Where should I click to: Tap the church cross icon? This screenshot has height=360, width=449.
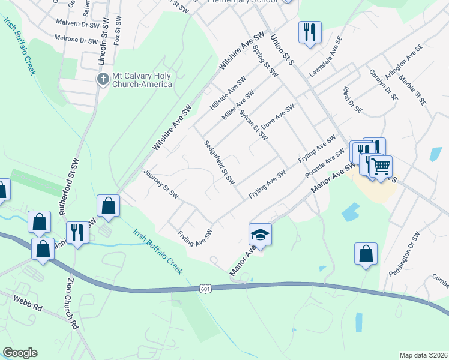click(x=103, y=79)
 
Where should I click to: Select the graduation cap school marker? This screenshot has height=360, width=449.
click(x=260, y=233)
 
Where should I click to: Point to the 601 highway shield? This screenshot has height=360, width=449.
click(x=206, y=289)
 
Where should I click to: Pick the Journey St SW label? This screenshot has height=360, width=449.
click(x=161, y=184)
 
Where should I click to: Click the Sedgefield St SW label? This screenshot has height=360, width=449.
click(x=218, y=162)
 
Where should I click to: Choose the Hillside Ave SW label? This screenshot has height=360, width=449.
click(x=228, y=93)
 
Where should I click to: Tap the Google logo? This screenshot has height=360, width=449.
click(x=20, y=353)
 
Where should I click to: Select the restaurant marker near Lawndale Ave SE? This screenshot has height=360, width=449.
click(x=310, y=32)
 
